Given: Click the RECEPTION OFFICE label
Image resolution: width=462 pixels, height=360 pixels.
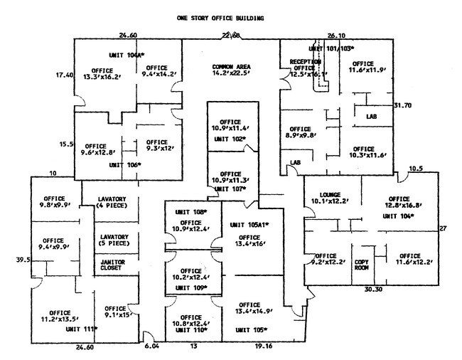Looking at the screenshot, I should (307, 68).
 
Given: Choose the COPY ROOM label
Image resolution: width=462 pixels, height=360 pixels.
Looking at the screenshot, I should (364, 264).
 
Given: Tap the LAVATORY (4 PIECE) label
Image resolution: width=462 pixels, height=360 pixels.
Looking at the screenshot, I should (100, 202).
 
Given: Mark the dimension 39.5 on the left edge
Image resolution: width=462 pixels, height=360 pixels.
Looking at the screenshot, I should (21, 261).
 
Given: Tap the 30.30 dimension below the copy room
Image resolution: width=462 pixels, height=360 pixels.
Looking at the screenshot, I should (374, 291).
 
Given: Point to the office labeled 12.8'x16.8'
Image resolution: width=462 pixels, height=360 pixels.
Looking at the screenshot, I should (398, 203).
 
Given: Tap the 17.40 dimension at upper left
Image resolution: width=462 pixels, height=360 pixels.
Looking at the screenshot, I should (64, 75).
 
